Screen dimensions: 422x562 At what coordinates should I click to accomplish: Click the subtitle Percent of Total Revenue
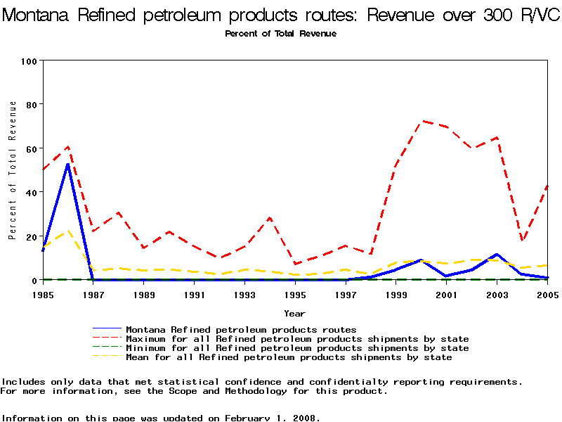[280, 34]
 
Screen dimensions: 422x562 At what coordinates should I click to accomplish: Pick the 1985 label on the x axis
[43, 295]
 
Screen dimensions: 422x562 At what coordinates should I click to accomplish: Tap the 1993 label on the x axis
[244, 295]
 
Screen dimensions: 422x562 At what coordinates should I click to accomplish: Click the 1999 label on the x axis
[396, 295]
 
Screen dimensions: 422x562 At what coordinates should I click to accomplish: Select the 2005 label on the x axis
[547, 295]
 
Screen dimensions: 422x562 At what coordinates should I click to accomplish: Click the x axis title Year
[294, 313]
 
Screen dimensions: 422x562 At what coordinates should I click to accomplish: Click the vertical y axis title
[13, 170]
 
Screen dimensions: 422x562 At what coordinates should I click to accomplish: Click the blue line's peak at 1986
[68, 165]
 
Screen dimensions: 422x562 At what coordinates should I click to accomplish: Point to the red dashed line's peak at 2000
[421, 121]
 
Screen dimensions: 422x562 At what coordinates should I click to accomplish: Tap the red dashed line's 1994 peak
[270, 218]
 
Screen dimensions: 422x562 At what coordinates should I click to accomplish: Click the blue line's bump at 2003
[497, 255]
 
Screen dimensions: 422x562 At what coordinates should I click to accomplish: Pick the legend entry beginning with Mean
[288, 357]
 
